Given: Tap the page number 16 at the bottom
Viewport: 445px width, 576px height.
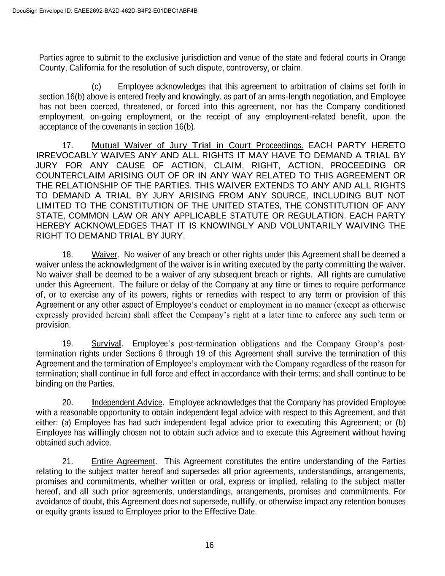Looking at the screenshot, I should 209,545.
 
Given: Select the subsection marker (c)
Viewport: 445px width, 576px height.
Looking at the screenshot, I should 97,87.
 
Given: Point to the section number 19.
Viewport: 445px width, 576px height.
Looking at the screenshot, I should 68,343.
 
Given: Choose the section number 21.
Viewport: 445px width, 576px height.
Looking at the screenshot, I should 68,462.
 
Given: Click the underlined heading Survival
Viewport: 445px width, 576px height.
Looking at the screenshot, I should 107,343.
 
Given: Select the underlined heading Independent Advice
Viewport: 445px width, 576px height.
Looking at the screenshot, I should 127,403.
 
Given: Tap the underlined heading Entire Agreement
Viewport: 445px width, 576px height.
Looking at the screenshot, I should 124,462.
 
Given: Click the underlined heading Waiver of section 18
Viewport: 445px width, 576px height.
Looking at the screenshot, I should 104,255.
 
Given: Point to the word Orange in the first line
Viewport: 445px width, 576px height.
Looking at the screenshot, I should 393,58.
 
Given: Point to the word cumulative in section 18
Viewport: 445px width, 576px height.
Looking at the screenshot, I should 386,275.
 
